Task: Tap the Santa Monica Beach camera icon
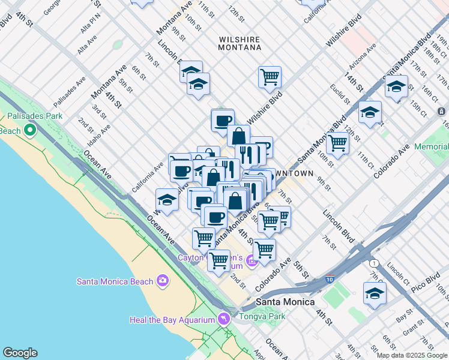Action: [162, 280]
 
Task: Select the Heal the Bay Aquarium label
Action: [172, 320]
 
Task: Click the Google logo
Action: [20, 353]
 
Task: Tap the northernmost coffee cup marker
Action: [222, 120]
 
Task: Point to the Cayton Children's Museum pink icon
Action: [251, 262]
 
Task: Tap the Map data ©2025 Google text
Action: [412, 355]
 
